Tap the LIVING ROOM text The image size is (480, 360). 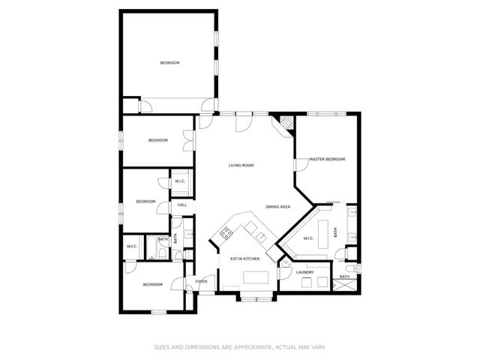(x=241, y=165)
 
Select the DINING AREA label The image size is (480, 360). (x=277, y=206)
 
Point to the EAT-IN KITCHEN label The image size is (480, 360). (x=244, y=259)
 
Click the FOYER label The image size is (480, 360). (x=201, y=281)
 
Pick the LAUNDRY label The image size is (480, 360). (x=304, y=272)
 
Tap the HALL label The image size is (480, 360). (x=182, y=205)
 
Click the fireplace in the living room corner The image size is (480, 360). (x=285, y=122)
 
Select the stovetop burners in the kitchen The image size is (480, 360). (x=224, y=233)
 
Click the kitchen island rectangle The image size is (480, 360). (x=255, y=277)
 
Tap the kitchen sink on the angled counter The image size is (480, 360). (x=260, y=238)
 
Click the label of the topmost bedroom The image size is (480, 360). (x=170, y=62)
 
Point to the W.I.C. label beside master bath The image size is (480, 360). (x=307, y=238)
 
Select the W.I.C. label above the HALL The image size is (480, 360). (x=181, y=181)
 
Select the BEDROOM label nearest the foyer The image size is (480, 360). (x=153, y=284)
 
